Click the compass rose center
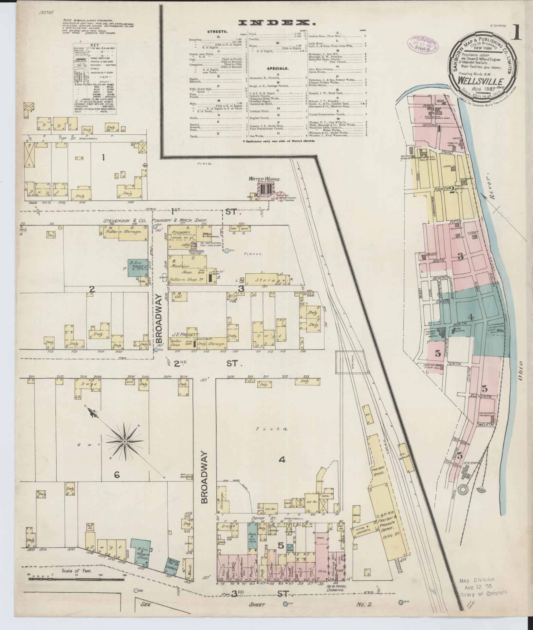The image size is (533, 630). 125,442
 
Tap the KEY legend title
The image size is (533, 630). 95,45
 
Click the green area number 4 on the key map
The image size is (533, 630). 471,316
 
